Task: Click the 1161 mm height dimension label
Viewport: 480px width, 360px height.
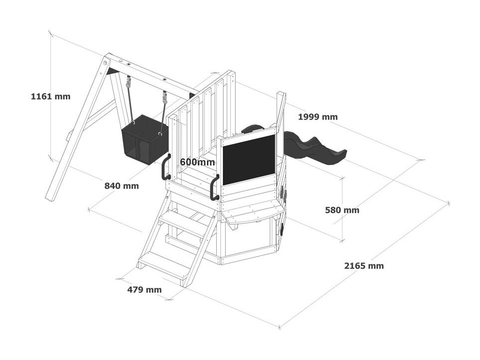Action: pos(50,96)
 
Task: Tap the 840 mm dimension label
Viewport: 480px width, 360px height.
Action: pos(122,186)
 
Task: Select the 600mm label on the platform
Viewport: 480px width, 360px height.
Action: pos(197,162)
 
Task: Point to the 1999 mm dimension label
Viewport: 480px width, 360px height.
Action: pos(318,117)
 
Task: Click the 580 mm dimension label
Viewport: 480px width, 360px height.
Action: pos(342,210)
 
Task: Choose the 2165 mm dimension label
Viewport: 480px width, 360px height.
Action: pos(364,266)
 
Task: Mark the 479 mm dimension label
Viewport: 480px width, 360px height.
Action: pos(145,290)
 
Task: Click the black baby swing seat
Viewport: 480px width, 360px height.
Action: pos(145,139)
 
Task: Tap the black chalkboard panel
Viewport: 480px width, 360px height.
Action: pos(249,160)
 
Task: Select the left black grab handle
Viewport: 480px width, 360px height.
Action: pos(165,167)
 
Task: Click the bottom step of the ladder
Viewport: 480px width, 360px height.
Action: pos(164,264)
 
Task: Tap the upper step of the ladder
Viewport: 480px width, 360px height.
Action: pos(182,223)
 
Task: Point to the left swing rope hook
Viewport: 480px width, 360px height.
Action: pos(129,82)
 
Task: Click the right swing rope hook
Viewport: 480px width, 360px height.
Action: pos(165,97)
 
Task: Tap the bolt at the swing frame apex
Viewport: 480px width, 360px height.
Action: pos(105,63)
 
